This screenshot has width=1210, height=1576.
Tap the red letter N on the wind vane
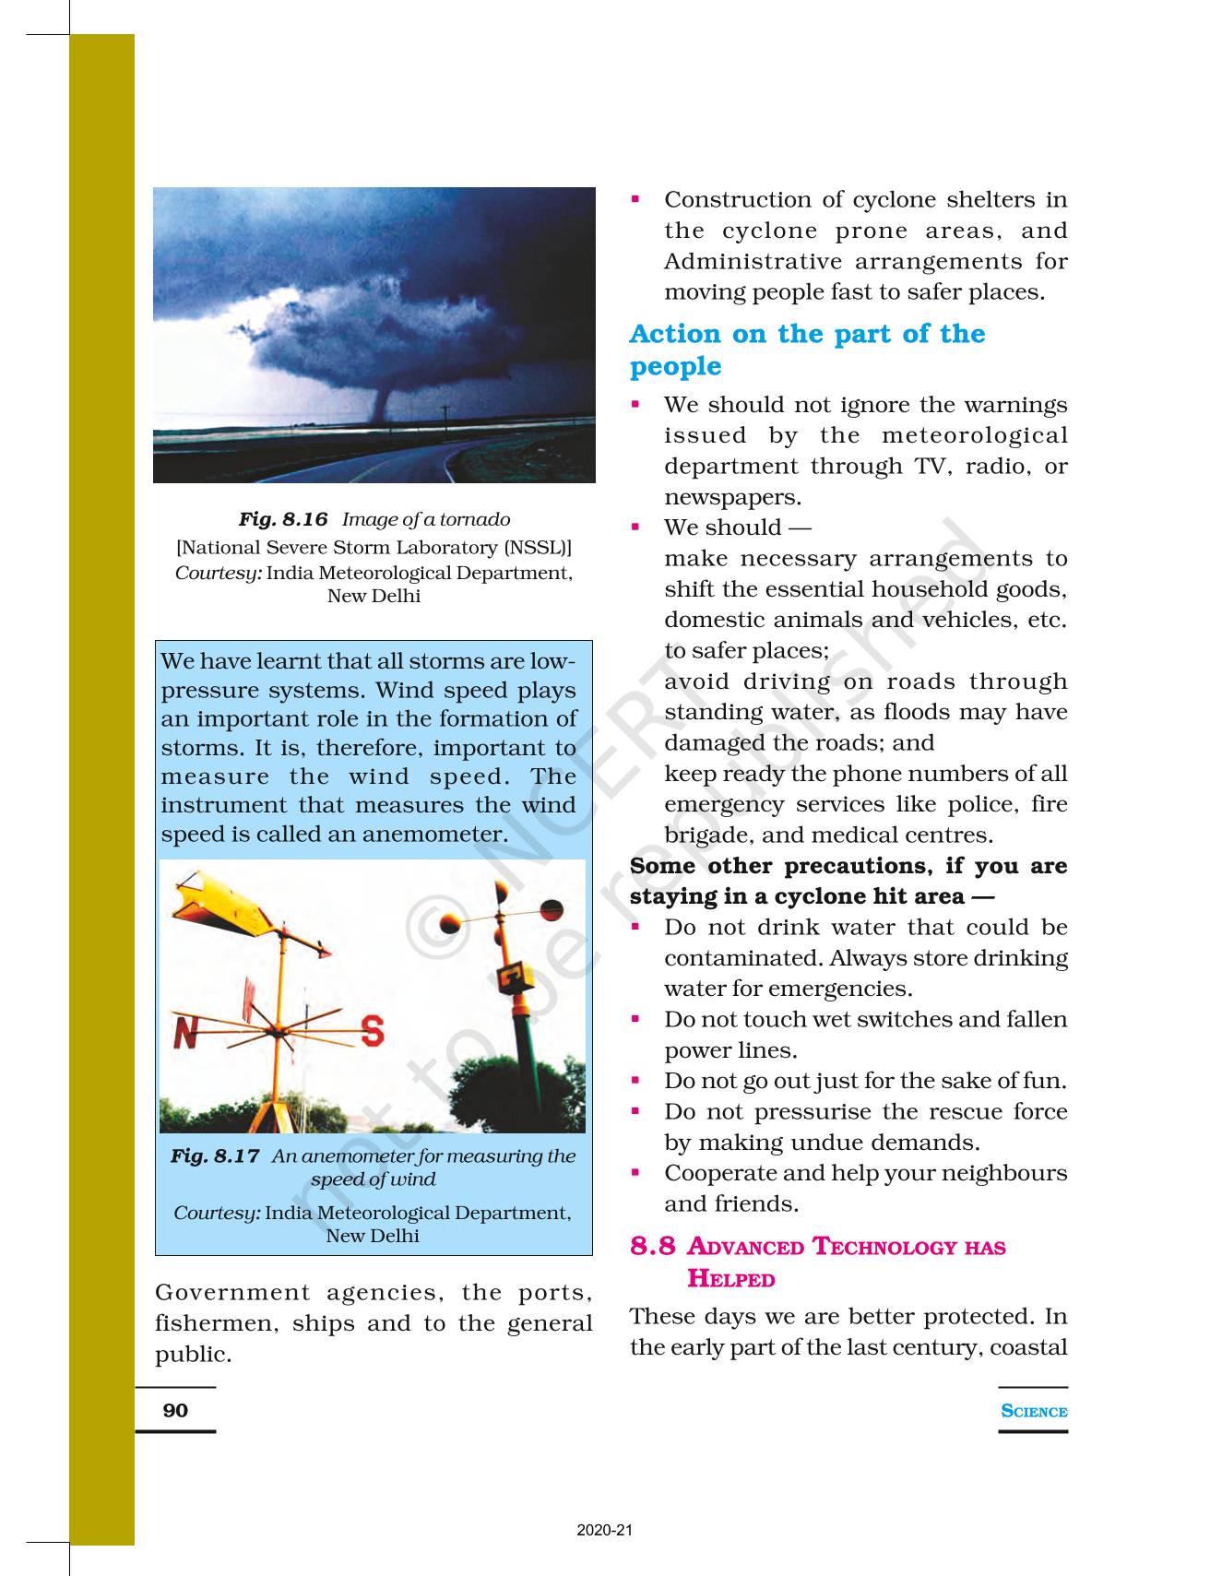click(x=185, y=1032)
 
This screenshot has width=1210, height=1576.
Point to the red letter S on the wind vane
click(x=373, y=1030)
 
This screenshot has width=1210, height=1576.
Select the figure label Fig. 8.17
click(x=215, y=1155)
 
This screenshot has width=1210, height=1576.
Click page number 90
click(x=175, y=1410)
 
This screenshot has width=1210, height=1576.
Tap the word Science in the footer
click(x=1034, y=1411)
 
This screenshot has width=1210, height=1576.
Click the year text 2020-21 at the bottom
click(x=605, y=1531)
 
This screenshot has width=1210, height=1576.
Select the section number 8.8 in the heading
click(x=653, y=1247)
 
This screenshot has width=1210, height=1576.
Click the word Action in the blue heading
click(x=675, y=334)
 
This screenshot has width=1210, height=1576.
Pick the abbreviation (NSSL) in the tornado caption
click(x=539, y=548)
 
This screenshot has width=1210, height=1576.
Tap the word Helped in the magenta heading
click(x=731, y=1279)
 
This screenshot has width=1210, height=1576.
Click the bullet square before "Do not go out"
click(x=635, y=1079)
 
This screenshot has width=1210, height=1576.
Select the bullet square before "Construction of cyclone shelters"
click(x=635, y=198)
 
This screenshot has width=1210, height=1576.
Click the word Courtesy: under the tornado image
click(x=219, y=573)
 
